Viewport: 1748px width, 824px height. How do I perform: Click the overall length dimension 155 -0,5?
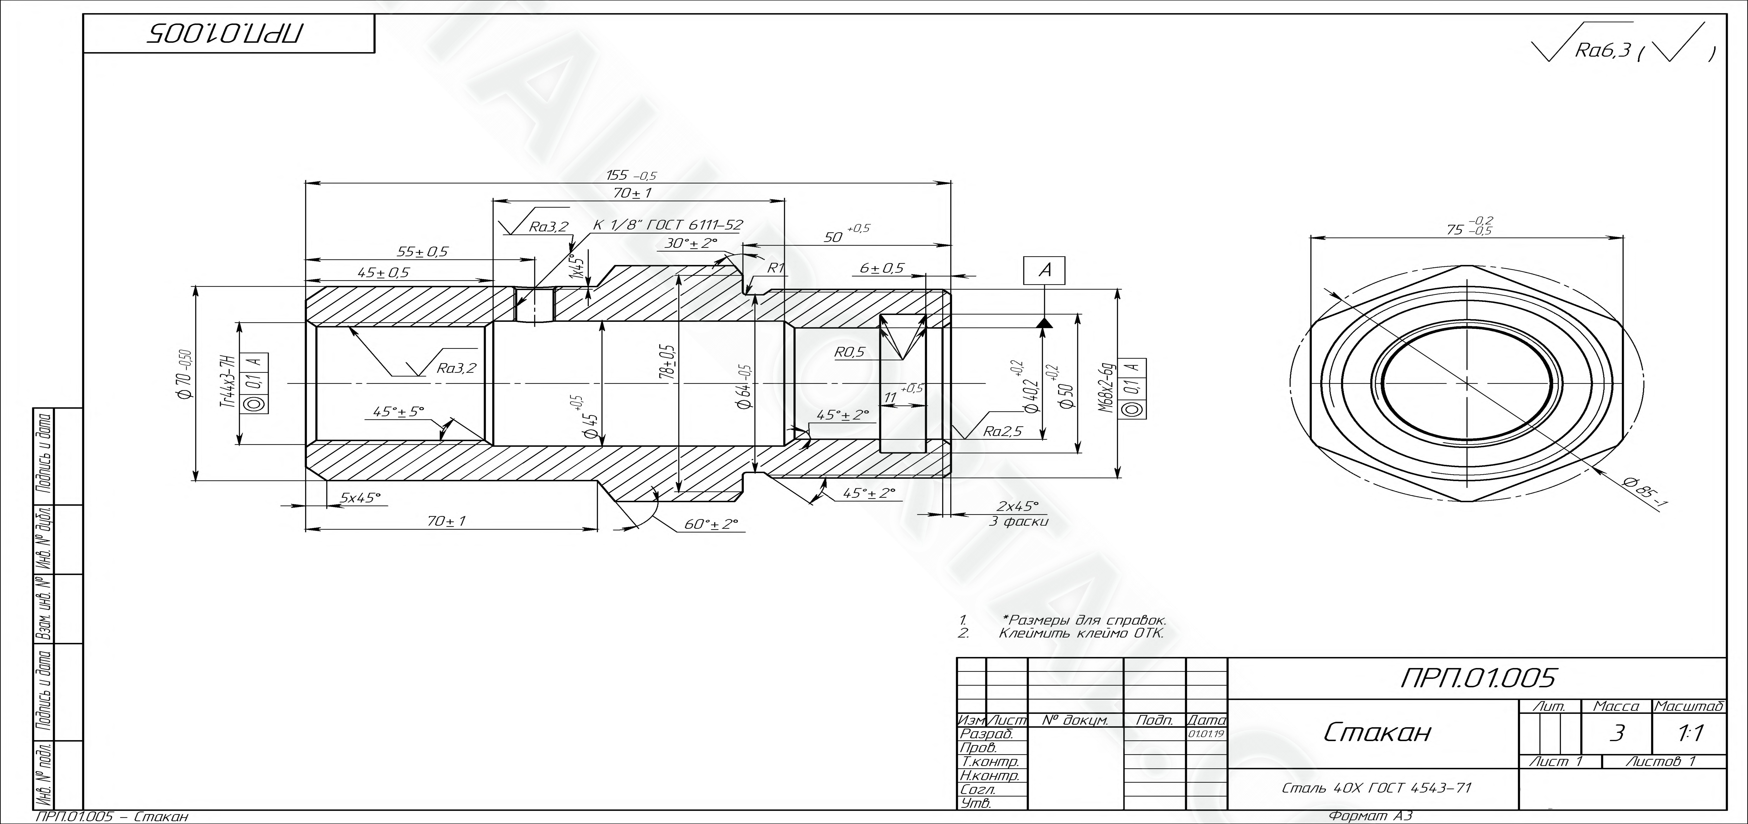(x=631, y=176)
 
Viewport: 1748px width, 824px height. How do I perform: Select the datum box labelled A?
(x=1044, y=270)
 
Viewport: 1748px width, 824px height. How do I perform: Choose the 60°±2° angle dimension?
(x=711, y=524)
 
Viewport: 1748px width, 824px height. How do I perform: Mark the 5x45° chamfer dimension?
(x=360, y=498)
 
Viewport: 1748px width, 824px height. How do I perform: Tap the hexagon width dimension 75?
(x=1469, y=226)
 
